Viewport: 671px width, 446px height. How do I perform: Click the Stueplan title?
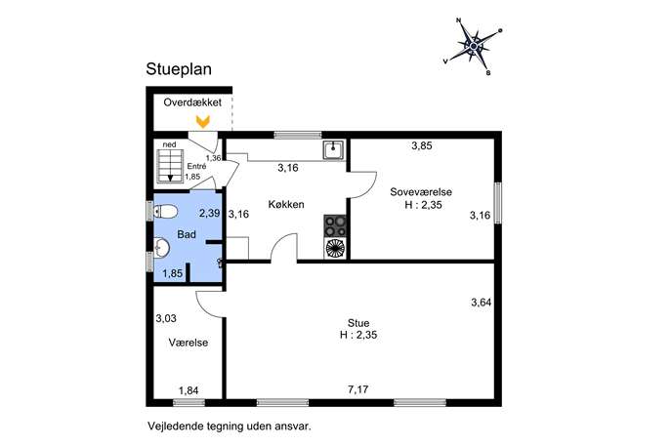(179, 69)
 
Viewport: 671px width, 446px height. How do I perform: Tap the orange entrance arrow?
(203, 121)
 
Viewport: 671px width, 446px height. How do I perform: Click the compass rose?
(474, 46)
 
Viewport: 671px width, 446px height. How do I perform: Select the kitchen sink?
(333, 150)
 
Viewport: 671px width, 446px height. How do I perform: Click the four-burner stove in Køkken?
(335, 226)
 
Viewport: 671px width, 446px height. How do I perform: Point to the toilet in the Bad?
(166, 211)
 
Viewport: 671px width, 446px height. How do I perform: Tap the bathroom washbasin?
(161, 248)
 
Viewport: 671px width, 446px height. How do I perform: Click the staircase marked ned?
(170, 166)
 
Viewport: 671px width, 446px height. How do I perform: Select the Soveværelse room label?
(421, 192)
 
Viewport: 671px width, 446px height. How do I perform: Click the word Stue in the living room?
(358, 323)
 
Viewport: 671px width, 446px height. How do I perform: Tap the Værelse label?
(189, 343)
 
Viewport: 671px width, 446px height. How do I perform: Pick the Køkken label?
(286, 204)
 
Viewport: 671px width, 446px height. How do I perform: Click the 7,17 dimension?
(358, 389)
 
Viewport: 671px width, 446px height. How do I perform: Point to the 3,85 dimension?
(422, 145)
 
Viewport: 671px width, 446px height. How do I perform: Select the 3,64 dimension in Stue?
(481, 303)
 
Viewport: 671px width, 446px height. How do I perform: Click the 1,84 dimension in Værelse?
(189, 390)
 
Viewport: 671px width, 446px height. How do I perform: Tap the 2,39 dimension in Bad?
(210, 213)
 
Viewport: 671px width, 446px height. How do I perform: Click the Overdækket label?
(192, 102)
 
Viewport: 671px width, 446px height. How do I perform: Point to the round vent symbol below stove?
(335, 249)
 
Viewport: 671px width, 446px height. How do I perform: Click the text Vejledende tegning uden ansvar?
(230, 426)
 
